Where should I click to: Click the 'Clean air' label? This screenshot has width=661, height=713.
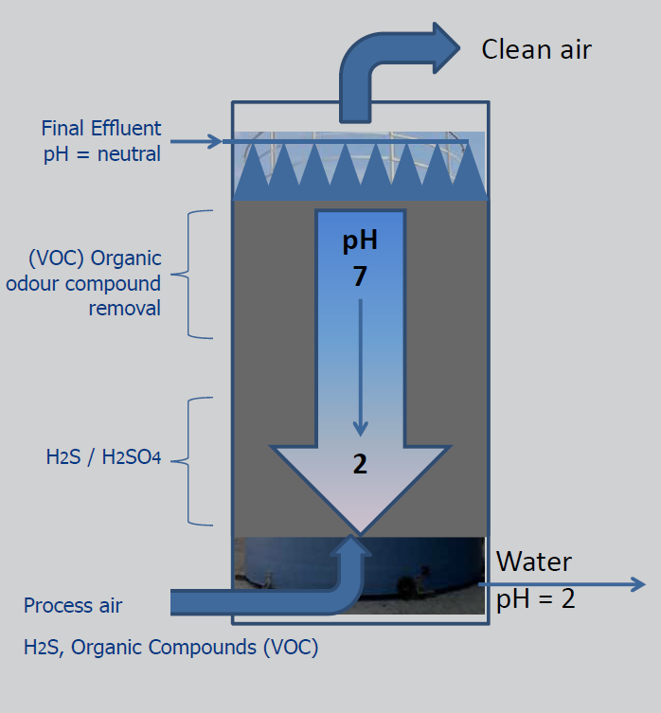[x=536, y=49]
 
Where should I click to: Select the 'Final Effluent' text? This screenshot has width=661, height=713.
[x=101, y=128]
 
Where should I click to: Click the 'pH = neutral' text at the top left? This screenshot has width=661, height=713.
[x=102, y=153]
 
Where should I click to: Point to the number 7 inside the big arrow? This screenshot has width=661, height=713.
[x=360, y=278]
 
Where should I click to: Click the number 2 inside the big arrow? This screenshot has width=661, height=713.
[x=360, y=464]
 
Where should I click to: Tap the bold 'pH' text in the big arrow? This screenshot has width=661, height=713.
[x=360, y=241]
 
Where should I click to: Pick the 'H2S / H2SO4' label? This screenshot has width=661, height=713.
[x=103, y=458]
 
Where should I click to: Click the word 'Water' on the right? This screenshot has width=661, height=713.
[x=534, y=562]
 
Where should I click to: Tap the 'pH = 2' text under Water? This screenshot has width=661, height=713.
[x=536, y=598]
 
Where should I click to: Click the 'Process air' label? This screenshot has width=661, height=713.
[x=73, y=605]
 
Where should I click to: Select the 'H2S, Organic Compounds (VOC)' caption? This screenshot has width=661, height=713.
[x=170, y=649]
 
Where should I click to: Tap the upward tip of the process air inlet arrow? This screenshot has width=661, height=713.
[x=357, y=541]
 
